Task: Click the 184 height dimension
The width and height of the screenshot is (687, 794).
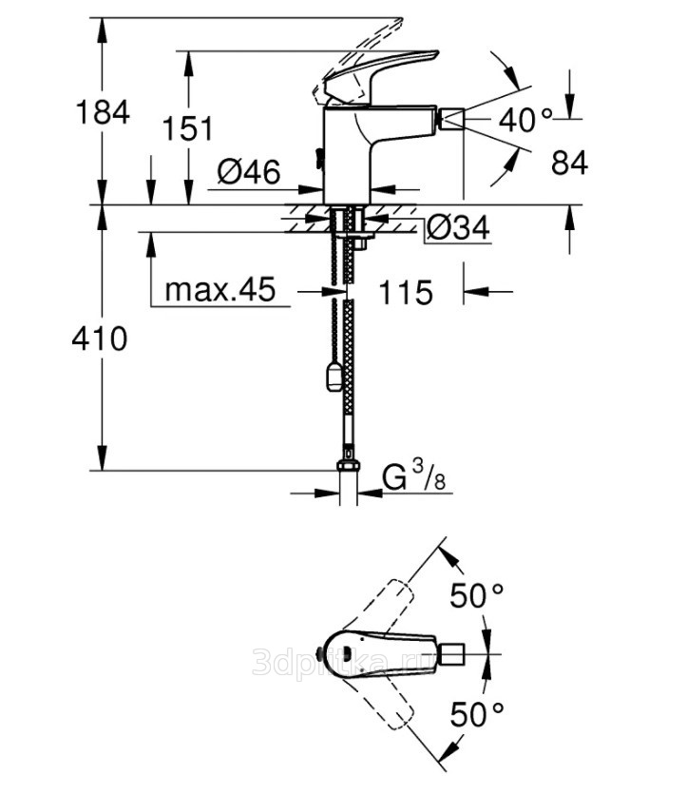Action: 103,112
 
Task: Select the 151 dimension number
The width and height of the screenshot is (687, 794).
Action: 188,128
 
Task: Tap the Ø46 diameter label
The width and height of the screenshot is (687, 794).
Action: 248,172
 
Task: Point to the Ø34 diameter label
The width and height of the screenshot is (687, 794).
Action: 458,227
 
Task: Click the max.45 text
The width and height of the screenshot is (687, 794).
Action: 220,289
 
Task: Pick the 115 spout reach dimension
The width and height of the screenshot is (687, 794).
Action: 406,292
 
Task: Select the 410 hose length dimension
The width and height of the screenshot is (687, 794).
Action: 100,339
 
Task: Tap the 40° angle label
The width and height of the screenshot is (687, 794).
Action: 525,121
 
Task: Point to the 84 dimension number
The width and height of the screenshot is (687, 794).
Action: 569,163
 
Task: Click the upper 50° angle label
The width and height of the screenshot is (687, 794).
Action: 477,595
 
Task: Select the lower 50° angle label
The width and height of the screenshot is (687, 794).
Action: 477,714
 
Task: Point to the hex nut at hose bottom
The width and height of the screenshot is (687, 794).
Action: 349,466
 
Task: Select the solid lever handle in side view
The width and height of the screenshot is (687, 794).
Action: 380,74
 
